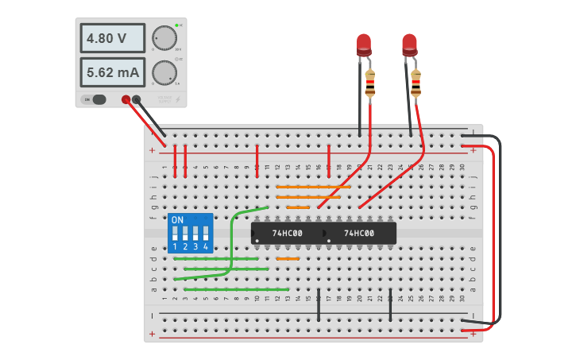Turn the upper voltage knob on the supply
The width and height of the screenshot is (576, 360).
pos(164,37)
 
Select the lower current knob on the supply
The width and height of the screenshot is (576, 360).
pos(164,72)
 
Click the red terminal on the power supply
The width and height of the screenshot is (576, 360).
pos(126,99)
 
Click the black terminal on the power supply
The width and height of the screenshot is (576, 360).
pos(137,99)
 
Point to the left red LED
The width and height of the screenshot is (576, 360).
pos(364,43)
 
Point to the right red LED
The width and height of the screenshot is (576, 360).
pos(409,43)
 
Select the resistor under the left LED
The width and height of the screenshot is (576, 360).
pos(370,83)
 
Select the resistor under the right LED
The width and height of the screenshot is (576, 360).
pos(416,83)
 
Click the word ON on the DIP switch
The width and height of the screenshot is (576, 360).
pos(177,219)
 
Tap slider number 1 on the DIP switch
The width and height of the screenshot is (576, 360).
pos(175,234)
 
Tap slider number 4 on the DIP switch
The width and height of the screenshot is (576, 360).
pos(205,234)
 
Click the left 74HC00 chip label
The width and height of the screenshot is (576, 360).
pos(286,233)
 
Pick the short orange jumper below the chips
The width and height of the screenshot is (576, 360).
pos(288,258)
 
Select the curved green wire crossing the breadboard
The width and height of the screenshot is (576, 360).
pos(232,238)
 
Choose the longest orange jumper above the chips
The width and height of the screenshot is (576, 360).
pos(313,187)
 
